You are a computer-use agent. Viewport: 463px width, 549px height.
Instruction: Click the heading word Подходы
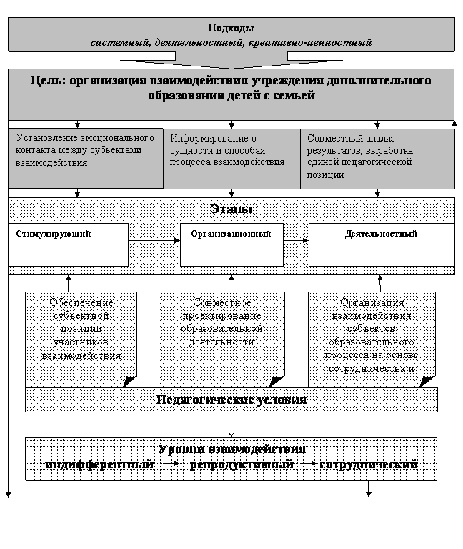coord(230,29)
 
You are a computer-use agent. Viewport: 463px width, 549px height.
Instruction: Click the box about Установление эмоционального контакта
coord(86,157)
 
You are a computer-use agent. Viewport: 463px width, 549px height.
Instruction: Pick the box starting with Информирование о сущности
coord(231,159)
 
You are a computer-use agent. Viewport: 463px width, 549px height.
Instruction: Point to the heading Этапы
coord(231,209)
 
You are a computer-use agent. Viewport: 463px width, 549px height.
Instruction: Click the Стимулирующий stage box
coord(69,244)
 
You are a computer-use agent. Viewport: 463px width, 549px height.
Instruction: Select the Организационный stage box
coord(231,244)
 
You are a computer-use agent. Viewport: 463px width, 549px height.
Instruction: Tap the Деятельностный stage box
coord(381,244)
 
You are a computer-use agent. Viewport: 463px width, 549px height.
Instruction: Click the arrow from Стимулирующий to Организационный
coord(154,241)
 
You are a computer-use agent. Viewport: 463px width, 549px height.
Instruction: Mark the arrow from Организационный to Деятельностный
coord(296,241)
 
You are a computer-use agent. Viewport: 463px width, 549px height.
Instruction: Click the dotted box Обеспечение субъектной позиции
coord(81,336)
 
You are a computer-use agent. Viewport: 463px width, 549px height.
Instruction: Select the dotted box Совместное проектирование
coord(221,336)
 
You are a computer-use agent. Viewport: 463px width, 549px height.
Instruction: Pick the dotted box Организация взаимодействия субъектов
coord(372,336)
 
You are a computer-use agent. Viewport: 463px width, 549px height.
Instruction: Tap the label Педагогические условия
coord(231,400)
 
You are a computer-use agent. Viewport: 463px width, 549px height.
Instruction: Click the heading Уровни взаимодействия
coord(231,450)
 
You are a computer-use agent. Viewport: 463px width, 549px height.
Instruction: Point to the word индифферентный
coord(99,465)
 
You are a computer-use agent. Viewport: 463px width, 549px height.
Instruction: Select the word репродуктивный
coord(242,465)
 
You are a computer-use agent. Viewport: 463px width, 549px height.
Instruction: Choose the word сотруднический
coord(369,465)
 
